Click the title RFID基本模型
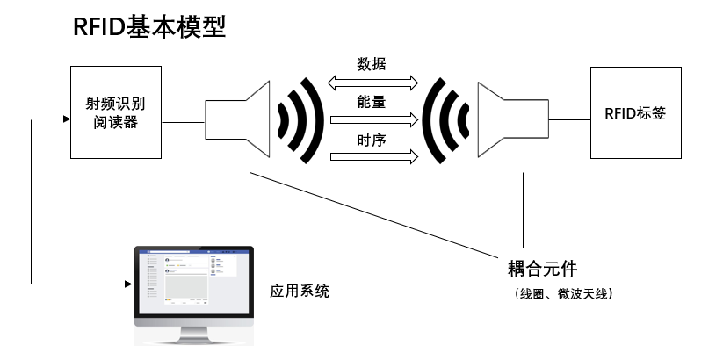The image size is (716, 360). [150, 28]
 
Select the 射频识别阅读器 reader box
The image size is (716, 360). [115, 113]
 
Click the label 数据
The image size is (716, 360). [372, 64]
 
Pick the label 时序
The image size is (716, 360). [372, 140]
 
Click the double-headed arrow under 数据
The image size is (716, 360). [372, 83]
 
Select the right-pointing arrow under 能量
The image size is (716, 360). [372, 120]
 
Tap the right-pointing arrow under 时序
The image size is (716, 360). [372, 158]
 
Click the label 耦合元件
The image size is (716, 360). [542, 267]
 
